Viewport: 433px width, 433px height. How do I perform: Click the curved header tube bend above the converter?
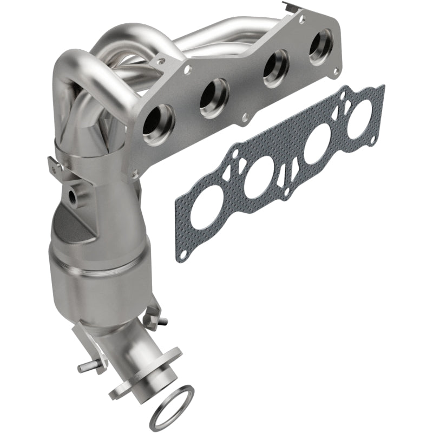[x=76, y=65]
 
